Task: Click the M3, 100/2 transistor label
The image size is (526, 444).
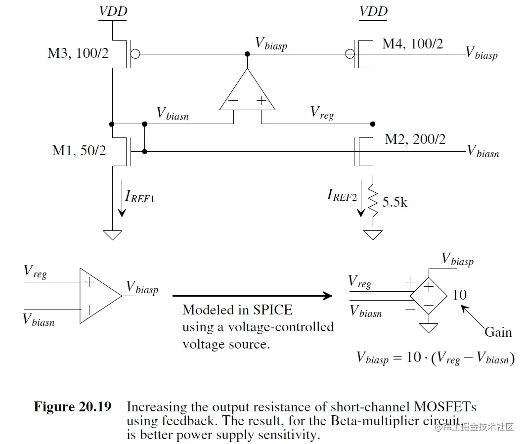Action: (x=78, y=53)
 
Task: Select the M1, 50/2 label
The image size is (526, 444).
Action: (x=79, y=151)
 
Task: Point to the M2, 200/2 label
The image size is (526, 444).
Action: (x=415, y=139)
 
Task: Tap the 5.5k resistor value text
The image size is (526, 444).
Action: (x=394, y=202)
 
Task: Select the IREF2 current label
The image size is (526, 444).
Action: (x=342, y=195)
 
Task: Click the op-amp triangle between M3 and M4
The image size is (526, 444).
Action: (x=247, y=91)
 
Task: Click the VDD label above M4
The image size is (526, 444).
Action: (x=373, y=11)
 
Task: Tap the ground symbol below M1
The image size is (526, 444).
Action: (x=113, y=234)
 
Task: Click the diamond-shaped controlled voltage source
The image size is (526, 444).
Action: (x=429, y=296)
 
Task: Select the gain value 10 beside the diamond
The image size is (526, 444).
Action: (x=459, y=295)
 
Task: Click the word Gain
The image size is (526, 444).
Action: (x=498, y=332)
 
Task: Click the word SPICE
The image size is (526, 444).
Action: (x=272, y=311)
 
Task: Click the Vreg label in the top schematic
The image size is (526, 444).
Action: (x=322, y=112)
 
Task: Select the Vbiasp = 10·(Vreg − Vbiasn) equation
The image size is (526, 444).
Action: (x=436, y=358)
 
